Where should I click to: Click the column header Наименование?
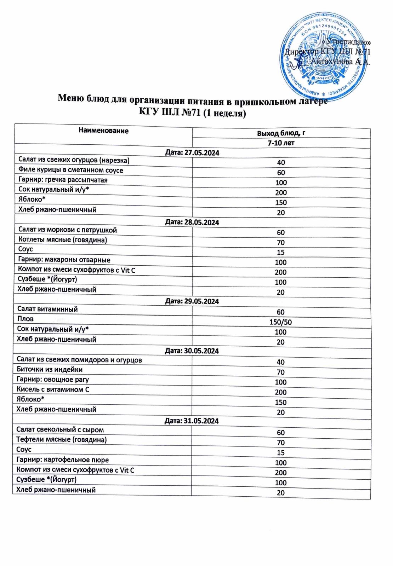coord(103,131)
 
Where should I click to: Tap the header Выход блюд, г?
coord(281,133)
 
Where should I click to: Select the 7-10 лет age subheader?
coord(281,143)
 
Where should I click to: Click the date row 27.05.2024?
coord(192,153)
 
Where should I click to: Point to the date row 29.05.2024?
coord(192,301)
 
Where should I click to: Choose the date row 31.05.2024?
coord(192,421)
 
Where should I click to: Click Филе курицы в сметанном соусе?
coord(71,170)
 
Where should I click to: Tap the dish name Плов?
coord(25,319)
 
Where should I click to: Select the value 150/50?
coord(281,322)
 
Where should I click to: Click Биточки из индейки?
coord(50,370)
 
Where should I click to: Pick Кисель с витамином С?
coord(53,389)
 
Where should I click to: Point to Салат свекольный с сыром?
coord(60,430)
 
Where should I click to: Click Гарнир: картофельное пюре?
coord(63,460)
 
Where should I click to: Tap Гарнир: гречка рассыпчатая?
coord(63,180)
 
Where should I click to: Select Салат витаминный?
coord(47,309)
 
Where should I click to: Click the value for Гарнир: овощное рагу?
coord(281,382)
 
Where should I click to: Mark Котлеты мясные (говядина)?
coord(63,240)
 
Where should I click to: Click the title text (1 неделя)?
coord(225,114)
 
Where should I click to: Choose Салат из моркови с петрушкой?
coord(68,230)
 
